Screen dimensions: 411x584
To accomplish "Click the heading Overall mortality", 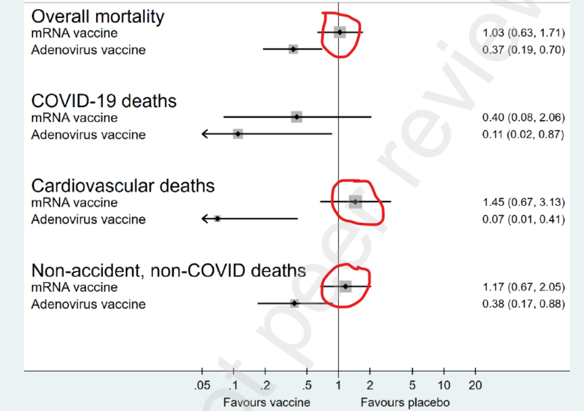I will click(x=98, y=17).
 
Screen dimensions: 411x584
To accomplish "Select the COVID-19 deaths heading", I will click(x=104, y=101).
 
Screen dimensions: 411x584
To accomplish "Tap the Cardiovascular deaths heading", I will click(x=123, y=186).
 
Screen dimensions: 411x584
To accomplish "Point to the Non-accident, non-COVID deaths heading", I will click(x=168, y=270).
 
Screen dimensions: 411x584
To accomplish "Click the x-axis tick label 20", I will click(x=475, y=386).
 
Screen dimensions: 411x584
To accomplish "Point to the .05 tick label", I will click(x=202, y=386).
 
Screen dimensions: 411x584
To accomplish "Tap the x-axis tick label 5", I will click(x=412, y=386).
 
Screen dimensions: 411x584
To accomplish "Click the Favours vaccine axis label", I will click(x=267, y=402).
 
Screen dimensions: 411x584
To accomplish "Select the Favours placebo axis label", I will click(x=405, y=402).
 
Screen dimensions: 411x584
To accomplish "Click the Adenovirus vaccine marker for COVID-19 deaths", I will click(x=238, y=134).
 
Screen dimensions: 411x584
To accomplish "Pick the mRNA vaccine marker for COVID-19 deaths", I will click(x=296, y=117).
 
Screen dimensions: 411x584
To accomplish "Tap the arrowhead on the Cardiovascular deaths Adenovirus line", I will click(x=204, y=218).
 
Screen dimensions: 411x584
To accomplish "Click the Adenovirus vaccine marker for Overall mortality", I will click(x=293, y=49).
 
